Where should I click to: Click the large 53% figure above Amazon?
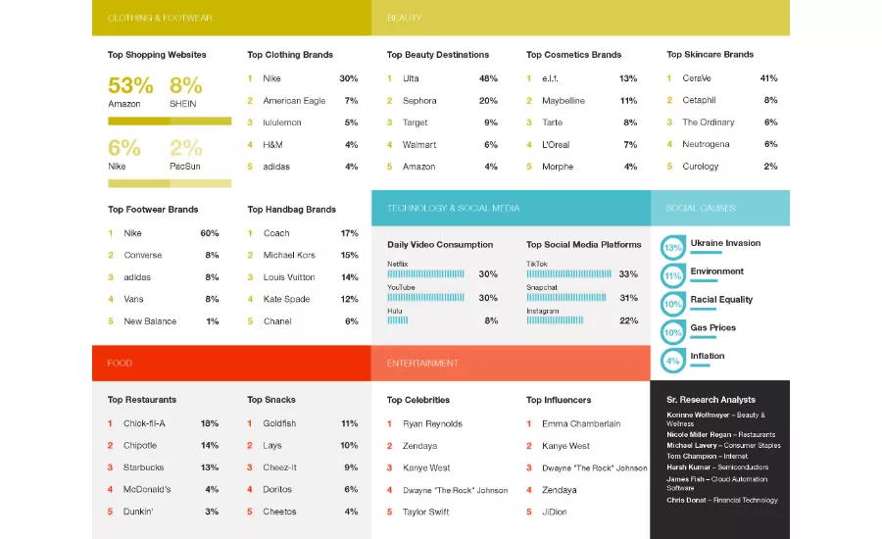pos(130,85)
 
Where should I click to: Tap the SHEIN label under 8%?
pos(183,104)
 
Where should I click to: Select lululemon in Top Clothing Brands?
pos(282,122)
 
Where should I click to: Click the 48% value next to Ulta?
pos(488,78)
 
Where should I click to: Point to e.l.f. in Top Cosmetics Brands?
pos(550,78)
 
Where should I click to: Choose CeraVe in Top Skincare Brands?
pos(697,78)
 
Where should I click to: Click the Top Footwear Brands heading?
pos(153,210)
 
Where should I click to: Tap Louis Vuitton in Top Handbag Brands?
pos(289,277)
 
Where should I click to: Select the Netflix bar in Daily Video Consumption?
pos(426,274)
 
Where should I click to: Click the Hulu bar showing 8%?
pos(398,320)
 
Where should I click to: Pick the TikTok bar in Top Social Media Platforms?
pos(568,274)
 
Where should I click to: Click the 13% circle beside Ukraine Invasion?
pos(672,248)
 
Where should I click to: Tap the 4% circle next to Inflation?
pos(672,361)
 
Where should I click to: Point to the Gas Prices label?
pos(712,327)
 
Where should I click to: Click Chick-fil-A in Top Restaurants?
pos(144,423)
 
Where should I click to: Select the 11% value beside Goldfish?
pos(349,423)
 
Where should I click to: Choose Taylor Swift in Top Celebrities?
pos(426,512)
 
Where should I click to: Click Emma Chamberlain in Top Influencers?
pos(581,423)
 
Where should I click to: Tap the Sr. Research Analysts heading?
pos(710,400)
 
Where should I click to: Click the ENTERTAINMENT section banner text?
pos(422,364)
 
